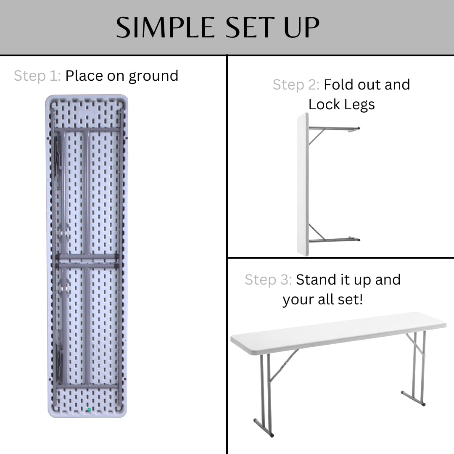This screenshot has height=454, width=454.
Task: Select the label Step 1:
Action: [37, 76]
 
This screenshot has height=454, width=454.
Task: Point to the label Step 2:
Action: [296, 84]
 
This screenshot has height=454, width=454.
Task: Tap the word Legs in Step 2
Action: [358, 105]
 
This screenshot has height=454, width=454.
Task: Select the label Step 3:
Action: [268, 280]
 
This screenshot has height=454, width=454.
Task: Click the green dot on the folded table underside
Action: [89, 409]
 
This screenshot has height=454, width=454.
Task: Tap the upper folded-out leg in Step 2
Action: [334, 128]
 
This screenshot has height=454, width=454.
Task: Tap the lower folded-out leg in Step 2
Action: [334, 240]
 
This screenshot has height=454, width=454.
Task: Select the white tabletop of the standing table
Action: [336, 332]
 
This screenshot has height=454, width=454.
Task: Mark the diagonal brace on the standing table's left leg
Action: [284, 366]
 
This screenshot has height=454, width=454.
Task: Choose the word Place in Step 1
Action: [84, 76]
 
